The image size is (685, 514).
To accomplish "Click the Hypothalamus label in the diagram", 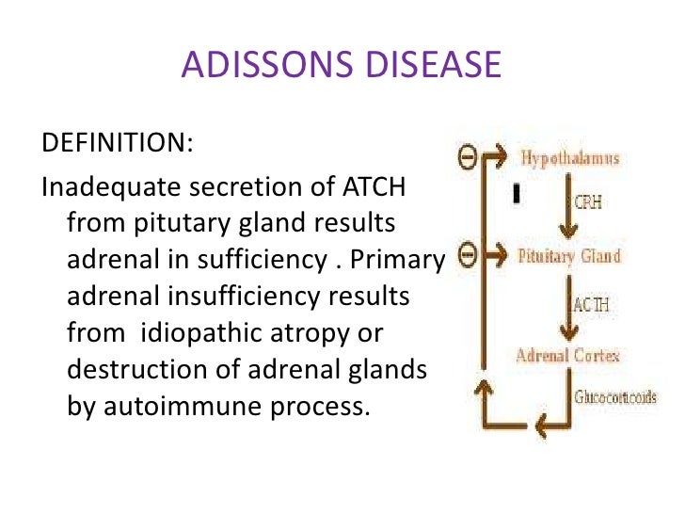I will (570, 158).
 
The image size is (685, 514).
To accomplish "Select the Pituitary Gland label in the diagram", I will (569, 255).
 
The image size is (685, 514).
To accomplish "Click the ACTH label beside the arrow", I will (591, 304).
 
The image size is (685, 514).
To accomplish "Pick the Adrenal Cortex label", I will (566, 355).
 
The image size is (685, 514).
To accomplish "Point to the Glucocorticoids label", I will (614, 397).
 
